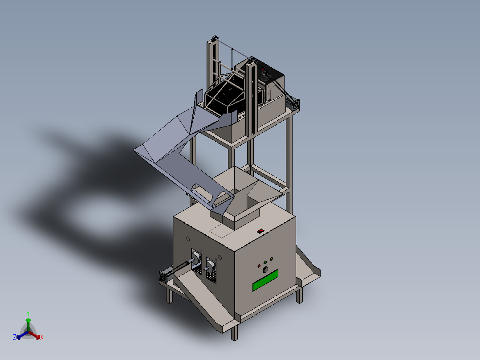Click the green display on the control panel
coord(265,280)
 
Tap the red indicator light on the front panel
coord(260,266)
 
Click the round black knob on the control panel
coord(265,270)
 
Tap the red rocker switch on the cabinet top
coord(260,231)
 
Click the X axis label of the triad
coord(42,338)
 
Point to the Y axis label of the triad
coord(28,313)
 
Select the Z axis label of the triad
coord(15,338)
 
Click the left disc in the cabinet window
coord(195,258)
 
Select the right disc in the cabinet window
coord(210,266)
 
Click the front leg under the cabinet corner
coord(234,331)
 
